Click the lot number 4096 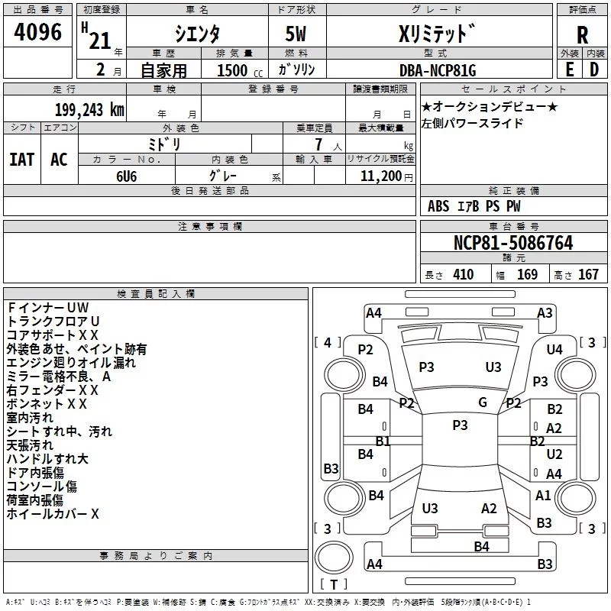click(38, 33)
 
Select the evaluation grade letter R click(582, 35)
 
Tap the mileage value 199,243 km click(89, 110)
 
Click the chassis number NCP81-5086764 click(513, 244)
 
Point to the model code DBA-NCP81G click(438, 70)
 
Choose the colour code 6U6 click(127, 175)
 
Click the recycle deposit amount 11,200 click(380, 176)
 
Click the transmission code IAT click(21, 160)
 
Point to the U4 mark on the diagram click(554, 349)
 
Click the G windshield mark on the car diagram click(483, 402)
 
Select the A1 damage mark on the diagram click(543, 496)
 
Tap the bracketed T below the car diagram click(333, 585)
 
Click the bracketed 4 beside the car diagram click(328, 342)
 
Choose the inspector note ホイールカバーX click(53, 514)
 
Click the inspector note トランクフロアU click(53, 321)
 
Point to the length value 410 click(463, 275)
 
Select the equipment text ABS click(438, 206)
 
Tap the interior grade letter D click(594, 70)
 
